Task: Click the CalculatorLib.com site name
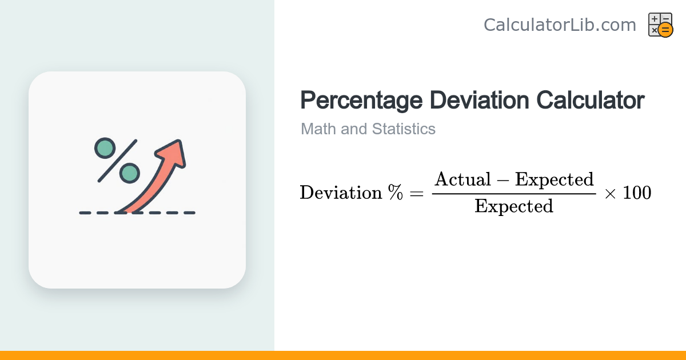(560, 25)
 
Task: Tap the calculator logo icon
(661, 25)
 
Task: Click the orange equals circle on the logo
(665, 30)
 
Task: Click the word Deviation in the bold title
(479, 100)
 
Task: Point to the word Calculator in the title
(591, 100)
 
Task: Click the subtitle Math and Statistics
(368, 129)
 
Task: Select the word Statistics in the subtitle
(404, 129)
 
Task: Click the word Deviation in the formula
(341, 193)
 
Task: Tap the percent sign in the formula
(396, 192)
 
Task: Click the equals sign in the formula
(417, 193)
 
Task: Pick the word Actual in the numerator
(462, 179)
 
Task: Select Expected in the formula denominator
(514, 207)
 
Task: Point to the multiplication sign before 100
(610, 194)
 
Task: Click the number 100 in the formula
(637, 193)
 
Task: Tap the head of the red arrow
(173, 153)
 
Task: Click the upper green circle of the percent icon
(105, 148)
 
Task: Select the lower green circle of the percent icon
(130, 173)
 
